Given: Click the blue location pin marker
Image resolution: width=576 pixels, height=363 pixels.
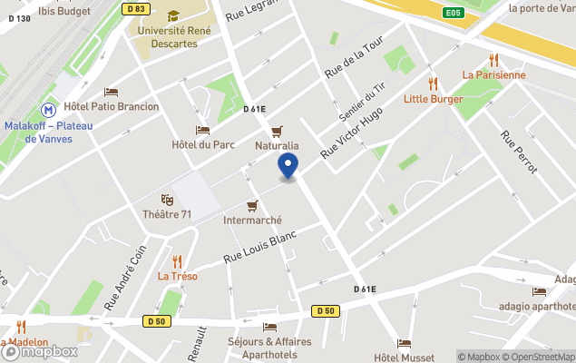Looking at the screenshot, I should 288,166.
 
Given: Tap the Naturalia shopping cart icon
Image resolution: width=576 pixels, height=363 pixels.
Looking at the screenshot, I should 276,131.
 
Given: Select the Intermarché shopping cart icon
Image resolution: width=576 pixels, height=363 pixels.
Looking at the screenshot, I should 253,205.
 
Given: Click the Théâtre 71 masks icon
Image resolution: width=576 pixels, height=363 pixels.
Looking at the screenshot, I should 167,199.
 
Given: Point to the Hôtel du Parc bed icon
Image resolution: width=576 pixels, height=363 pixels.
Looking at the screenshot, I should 203,131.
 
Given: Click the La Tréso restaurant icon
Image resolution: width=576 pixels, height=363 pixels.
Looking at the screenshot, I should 178,261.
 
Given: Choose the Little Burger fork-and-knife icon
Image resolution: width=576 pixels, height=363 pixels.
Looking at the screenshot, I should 434,83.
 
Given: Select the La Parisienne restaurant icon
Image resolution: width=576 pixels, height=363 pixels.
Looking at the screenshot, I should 493,59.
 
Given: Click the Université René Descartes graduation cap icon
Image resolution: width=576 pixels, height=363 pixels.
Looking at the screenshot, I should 172,15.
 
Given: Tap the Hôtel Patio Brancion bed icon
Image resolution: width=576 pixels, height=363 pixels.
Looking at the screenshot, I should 112,92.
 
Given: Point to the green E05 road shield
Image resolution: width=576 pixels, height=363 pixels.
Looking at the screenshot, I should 454,13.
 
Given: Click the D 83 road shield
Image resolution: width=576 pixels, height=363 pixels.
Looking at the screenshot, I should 136,9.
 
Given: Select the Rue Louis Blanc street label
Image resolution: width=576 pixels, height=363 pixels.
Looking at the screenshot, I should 260,246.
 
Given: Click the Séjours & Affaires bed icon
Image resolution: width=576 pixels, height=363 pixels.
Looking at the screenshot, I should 269,327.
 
